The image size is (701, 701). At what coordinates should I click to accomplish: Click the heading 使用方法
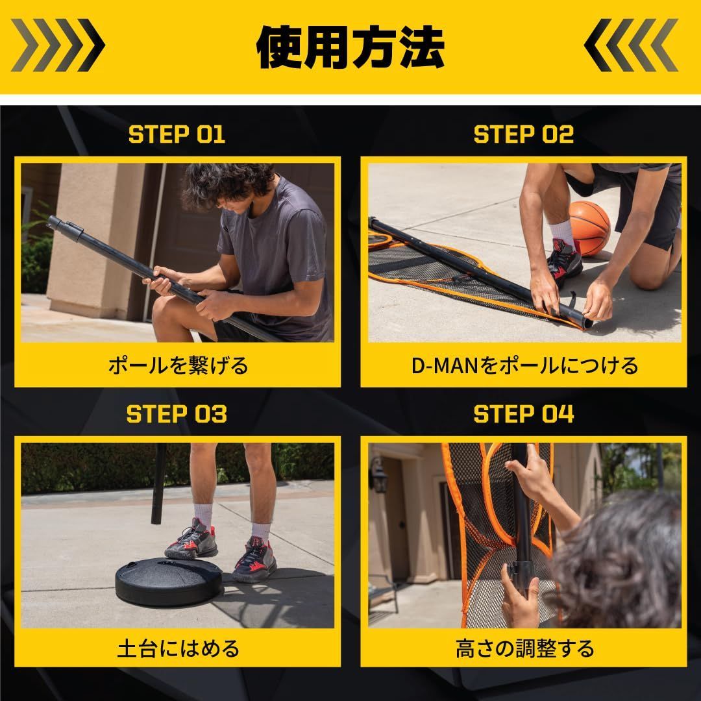(350, 47)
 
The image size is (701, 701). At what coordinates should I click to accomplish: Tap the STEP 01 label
(177, 134)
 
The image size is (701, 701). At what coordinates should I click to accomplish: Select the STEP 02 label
(524, 134)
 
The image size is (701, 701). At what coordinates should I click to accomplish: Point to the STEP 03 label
(177, 414)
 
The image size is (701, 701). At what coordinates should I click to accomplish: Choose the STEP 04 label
(524, 414)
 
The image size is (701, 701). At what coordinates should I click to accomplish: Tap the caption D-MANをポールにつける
(524, 365)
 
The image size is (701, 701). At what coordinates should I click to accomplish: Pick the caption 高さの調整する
(524, 648)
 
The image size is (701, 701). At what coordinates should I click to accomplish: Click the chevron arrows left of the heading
(58, 45)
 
